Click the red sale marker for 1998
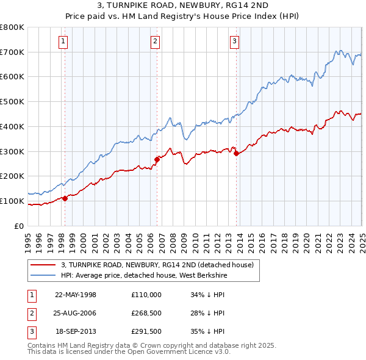tap(65, 198)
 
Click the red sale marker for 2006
tap(157, 159)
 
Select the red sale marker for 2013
tap(236, 153)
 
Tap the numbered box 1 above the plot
tap(63, 41)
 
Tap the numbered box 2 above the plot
tap(156, 41)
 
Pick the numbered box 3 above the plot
tap(235, 41)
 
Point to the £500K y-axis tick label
tap(12, 102)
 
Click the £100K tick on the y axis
tap(12, 201)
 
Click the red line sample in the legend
tap(44, 265)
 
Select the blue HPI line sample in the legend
tap(44, 275)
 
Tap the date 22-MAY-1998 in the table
tap(75, 295)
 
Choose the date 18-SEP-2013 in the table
tap(76, 332)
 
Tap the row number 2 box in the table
tap(31, 314)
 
